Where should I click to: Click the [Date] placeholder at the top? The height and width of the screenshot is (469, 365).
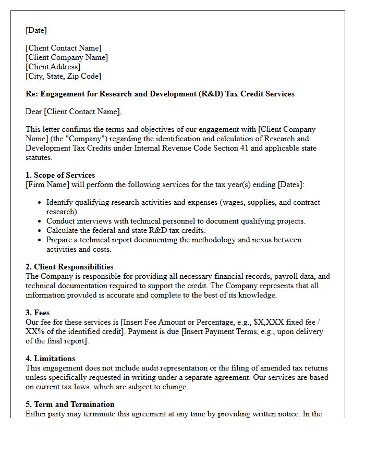click(36, 30)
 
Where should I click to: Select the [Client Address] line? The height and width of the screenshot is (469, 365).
click(53, 67)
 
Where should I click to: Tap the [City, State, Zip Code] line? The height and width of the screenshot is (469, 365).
click(63, 76)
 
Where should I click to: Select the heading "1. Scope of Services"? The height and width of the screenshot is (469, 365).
click(60, 175)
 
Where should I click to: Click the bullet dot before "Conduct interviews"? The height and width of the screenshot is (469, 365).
click(41, 221)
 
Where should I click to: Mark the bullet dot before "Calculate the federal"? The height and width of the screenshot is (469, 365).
click(41, 231)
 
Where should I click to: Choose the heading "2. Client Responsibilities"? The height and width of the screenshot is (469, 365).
click(69, 267)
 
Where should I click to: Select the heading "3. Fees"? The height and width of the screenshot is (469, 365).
click(38, 313)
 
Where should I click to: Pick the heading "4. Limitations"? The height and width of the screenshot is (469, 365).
click(50, 359)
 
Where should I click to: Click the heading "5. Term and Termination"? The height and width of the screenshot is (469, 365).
click(70, 404)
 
